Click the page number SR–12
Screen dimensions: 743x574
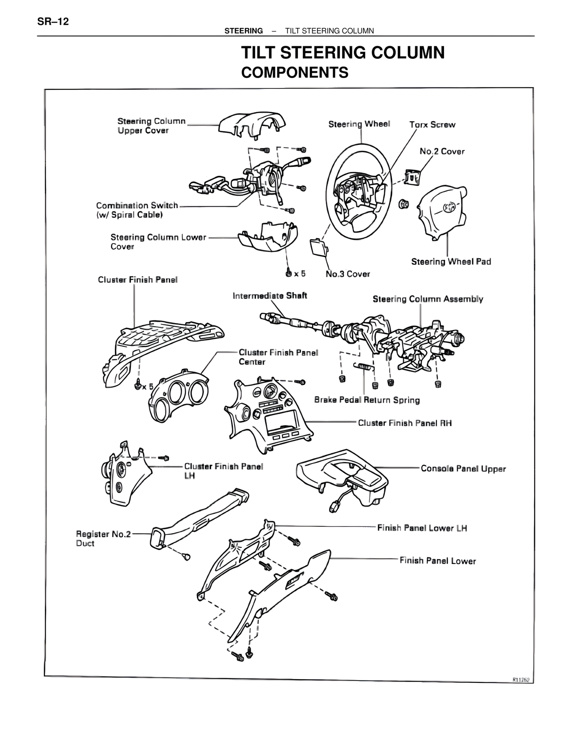tap(53, 22)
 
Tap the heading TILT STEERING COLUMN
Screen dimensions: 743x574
tap(343, 53)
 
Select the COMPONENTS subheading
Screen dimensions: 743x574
tap(295, 73)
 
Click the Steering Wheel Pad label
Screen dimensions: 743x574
tap(451, 262)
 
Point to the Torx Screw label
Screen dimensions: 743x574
tap(432, 125)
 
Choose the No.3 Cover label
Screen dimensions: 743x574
tap(348, 274)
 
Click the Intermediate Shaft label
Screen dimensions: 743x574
tap(270, 296)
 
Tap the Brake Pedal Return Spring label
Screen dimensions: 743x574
tap(367, 400)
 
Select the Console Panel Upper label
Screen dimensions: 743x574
tap(463, 469)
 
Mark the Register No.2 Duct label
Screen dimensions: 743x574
tap(103, 538)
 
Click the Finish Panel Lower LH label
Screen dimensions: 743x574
tap(422, 528)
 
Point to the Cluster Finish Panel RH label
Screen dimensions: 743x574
tap(404, 423)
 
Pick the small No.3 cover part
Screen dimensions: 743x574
tap(318, 247)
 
